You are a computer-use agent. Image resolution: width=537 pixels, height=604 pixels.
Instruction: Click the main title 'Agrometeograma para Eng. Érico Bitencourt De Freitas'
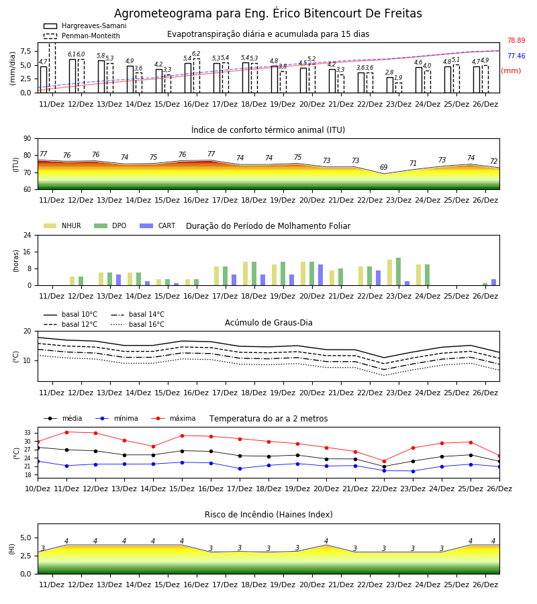(x=268, y=13)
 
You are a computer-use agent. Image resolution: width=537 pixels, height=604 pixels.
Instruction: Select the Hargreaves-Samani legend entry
(x=85, y=26)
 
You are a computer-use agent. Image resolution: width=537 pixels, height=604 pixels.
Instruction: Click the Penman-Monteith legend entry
(x=82, y=36)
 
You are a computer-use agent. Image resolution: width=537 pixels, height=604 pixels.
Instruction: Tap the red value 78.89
(x=516, y=40)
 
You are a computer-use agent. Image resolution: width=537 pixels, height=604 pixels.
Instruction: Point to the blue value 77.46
(x=516, y=56)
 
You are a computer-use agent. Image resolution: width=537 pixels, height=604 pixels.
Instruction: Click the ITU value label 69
(x=384, y=167)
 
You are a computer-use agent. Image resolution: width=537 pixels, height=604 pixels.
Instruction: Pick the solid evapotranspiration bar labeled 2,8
(x=390, y=85)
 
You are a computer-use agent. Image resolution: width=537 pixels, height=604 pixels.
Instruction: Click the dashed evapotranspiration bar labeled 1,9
(x=398, y=88)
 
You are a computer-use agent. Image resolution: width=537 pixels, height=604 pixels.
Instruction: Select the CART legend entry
(x=157, y=225)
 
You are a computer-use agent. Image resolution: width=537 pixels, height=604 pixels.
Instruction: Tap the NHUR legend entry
(x=62, y=225)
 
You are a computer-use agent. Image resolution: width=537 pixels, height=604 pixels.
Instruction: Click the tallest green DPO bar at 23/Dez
(x=398, y=272)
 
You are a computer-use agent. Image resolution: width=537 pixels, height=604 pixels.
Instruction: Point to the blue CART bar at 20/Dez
(x=320, y=275)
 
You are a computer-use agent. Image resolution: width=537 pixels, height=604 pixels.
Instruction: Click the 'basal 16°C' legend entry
(x=138, y=324)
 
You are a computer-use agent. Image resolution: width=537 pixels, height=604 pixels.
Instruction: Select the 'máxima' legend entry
(x=173, y=418)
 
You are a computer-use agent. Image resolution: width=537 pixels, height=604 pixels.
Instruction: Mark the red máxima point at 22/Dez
(x=384, y=461)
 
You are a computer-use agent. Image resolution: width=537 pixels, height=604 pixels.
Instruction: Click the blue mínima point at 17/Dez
(x=240, y=469)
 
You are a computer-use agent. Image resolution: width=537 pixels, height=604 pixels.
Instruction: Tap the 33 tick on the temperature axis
(x=28, y=433)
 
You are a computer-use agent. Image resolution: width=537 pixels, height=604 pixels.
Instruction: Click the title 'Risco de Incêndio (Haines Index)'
(x=268, y=515)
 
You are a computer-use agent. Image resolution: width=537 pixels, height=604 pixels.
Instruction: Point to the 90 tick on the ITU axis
(x=28, y=139)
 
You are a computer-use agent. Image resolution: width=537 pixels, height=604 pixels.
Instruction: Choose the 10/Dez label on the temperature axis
(x=38, y=489)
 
